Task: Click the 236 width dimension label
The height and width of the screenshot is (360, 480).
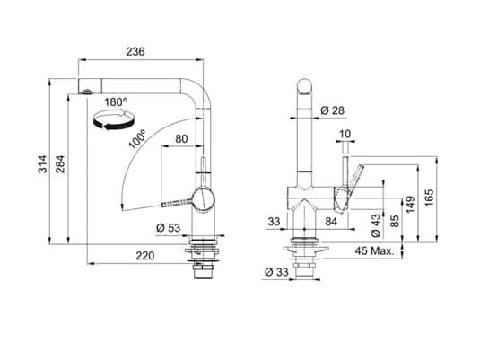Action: coord(135,52)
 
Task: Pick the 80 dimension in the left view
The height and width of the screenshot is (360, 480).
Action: coord(183,138)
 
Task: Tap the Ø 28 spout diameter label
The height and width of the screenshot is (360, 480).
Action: coord(334,110)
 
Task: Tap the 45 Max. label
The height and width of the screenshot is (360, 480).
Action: coord(375,250)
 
